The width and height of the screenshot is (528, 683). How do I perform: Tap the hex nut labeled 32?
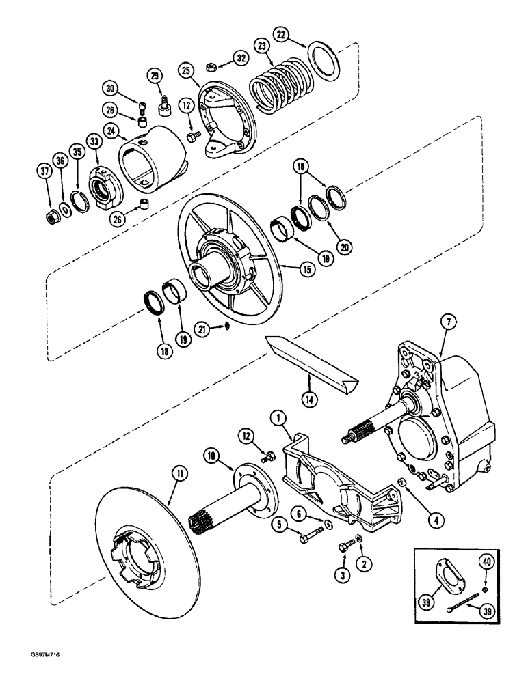pyautogui.click(x=211, y=67)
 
